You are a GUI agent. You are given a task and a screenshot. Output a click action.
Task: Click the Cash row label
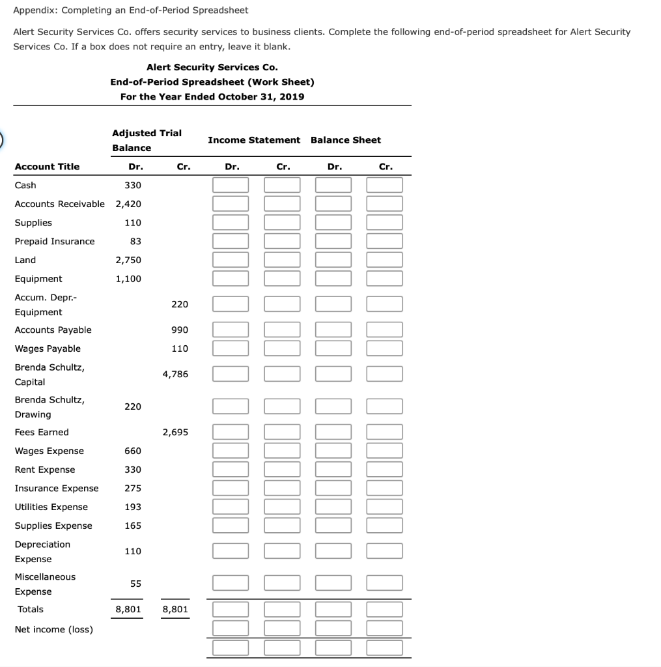click(25, 185)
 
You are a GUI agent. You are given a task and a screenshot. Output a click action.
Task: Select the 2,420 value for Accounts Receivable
click(128, 204)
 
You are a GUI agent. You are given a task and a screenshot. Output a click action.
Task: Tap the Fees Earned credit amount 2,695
click(175, 432)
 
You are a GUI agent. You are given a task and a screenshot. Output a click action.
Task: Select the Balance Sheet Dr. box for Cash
click(333, 185)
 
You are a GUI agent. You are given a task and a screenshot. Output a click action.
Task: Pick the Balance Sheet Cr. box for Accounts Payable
click(384, 330)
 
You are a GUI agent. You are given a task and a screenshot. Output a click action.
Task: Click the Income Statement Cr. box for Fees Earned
click(283, 432)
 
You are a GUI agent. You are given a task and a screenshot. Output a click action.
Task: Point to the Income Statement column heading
click(254, 140)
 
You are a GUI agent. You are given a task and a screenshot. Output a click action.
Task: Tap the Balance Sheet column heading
click(346, 140)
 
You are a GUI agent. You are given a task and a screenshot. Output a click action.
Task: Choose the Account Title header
click(47, 167)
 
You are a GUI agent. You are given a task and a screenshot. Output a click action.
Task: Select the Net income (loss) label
click(53, 629)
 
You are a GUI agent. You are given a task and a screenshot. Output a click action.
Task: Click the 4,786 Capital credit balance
click(175, 374)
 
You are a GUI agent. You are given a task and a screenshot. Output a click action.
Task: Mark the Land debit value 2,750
click(128, 260)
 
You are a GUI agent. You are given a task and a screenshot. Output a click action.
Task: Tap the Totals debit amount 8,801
click(128, 609)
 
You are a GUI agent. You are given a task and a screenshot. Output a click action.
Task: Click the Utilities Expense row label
click(51, 507)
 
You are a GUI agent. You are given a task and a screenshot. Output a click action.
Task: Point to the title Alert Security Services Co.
click(212, 67)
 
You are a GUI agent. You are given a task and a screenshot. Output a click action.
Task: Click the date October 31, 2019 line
click(212, 96)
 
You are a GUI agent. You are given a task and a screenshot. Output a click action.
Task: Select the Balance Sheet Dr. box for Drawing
click(333, 406)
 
